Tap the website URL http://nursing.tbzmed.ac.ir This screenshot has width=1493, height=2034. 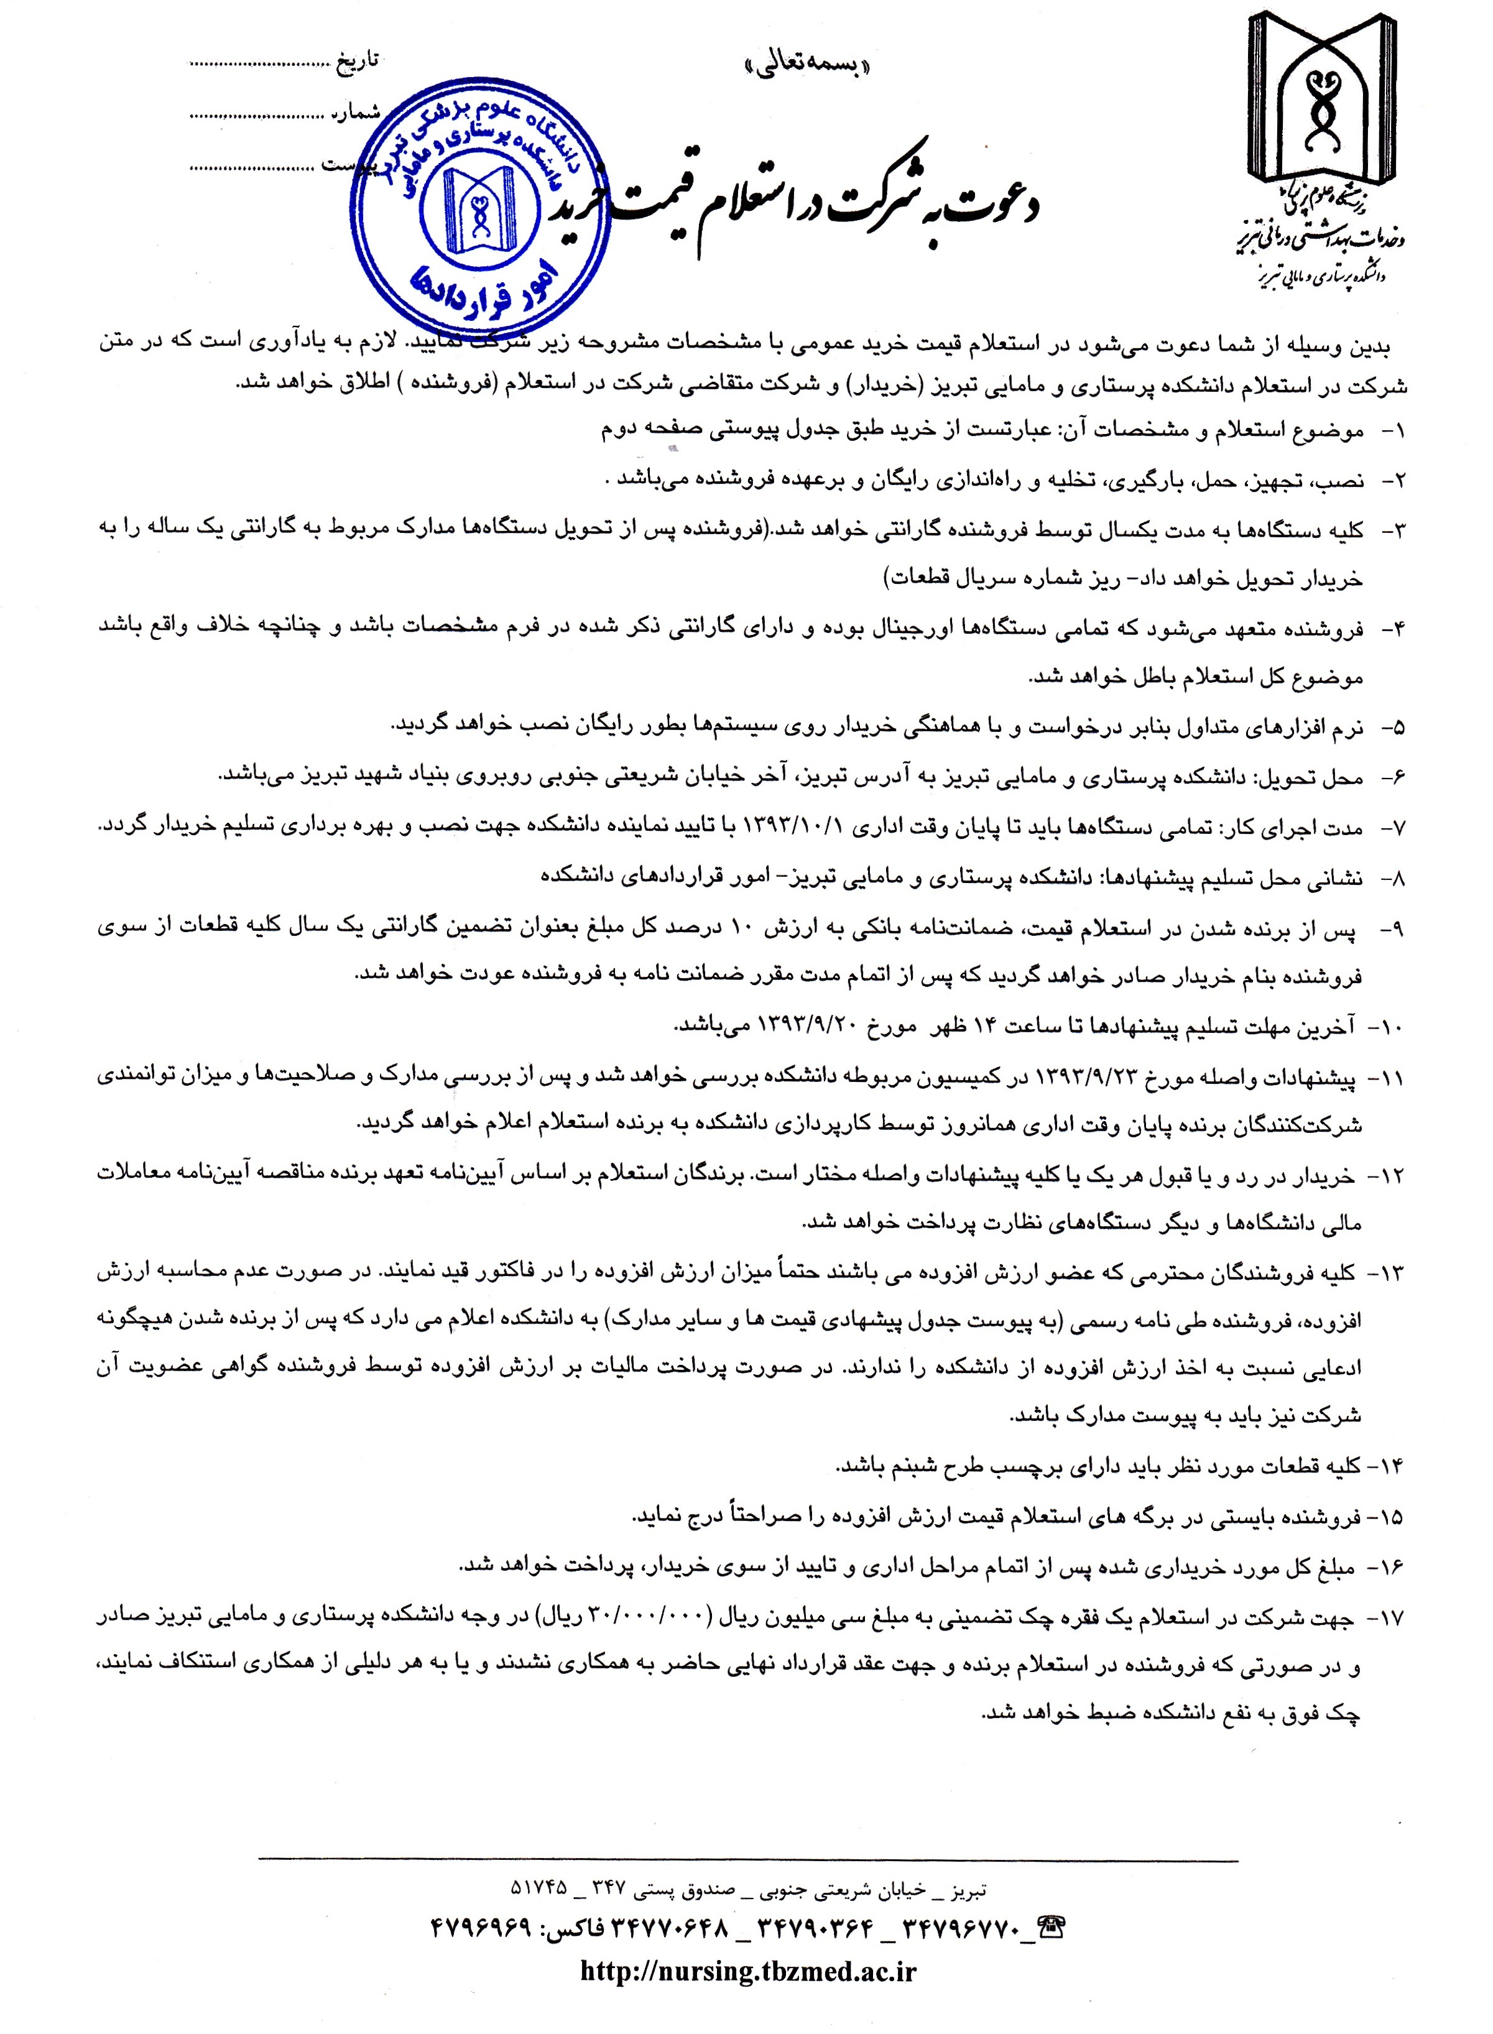(x=747, y=1970)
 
